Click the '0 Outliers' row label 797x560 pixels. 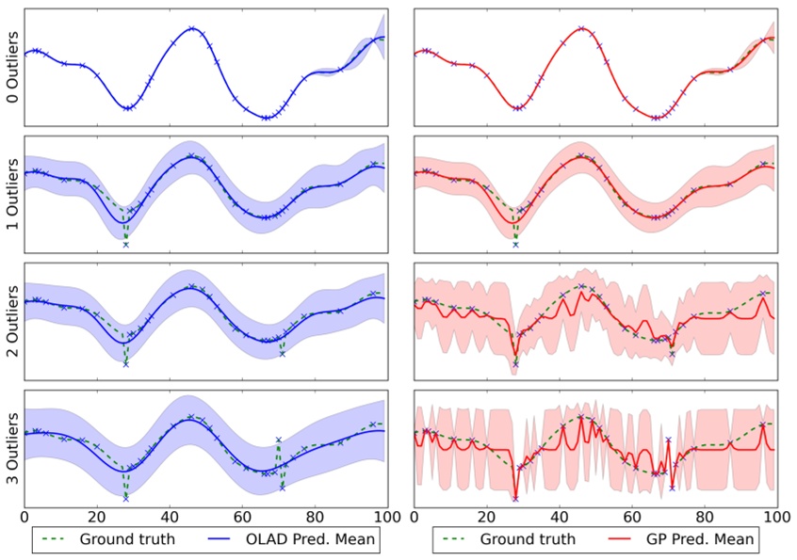(10, 65)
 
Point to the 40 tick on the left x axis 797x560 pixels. (169, 517)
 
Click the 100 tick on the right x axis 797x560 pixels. (775, 517)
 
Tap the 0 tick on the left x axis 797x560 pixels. (24, 517)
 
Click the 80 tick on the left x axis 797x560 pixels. (314, 517)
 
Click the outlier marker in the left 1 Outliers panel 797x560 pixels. (125, 245)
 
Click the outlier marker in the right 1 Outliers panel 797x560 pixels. (515, 245)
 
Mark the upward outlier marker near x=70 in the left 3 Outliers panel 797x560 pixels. (278, 440)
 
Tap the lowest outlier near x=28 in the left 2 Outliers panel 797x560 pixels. (125, 363)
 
